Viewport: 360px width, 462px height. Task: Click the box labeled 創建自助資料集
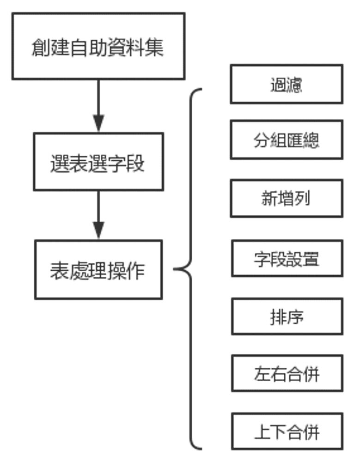tap(98, 46)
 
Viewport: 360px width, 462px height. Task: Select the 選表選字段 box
tap(98, 162)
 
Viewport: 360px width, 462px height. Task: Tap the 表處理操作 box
tap(98, 269)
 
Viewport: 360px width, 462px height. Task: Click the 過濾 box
tap(287, 84)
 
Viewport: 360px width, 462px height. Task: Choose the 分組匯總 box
tap(287, 140)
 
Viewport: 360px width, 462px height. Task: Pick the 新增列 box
tap(287, 199)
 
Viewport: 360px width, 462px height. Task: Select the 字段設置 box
tap(287, 258)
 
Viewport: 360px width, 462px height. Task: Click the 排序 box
tap(287, 316)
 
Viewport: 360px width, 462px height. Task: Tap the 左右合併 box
tap(287, 373)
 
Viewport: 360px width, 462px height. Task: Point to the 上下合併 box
tap(287, 432)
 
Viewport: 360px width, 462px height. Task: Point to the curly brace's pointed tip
tap(175, 269)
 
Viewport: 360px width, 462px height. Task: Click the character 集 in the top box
tap(155, 47)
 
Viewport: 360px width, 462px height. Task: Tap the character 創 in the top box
tap(41, 47)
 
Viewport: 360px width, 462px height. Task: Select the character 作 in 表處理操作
tap(136, 270)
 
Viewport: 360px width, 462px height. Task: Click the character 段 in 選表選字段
tap(136, 163)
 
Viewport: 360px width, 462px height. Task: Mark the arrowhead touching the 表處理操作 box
tap(98, 231)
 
